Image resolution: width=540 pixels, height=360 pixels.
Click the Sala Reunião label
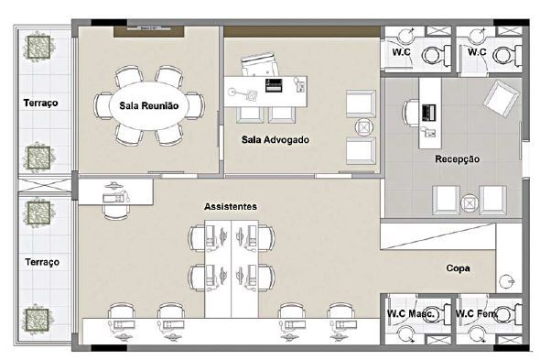coord(149,105)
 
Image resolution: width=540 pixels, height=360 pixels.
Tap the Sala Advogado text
coord(275,139)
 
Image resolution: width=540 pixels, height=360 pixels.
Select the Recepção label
coord(457,159)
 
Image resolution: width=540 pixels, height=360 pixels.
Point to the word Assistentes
coord(231,206)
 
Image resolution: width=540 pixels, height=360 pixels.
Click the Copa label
coord(458,267)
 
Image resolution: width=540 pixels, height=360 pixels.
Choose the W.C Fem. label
coord(476,314)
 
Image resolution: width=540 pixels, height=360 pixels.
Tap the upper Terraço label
coord(40,103)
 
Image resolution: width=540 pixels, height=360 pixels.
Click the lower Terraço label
coord(42,262)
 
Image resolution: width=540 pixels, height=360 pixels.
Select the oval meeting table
coord(149,105)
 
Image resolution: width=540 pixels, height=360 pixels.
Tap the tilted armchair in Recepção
coord(501,98)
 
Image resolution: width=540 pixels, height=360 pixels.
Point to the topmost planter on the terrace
coord(39,47)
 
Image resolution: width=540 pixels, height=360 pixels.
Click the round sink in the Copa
coord(507,281)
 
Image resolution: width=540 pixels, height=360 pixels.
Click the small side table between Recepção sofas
coord(469,203)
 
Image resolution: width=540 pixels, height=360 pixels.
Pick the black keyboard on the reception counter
coord(429,113)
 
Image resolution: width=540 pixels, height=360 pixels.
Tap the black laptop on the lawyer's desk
coord(275,85)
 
